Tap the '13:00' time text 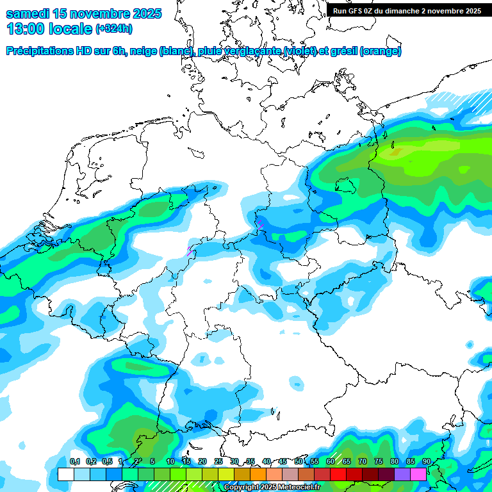25,28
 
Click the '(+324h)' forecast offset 114,29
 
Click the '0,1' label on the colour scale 74,462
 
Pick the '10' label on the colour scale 170,462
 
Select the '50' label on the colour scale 299,462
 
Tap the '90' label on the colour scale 426,462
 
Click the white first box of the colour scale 65,474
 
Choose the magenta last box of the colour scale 418,474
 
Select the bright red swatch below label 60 338,474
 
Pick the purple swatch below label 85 402,474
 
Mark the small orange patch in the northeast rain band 396,152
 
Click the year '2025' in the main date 143,13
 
